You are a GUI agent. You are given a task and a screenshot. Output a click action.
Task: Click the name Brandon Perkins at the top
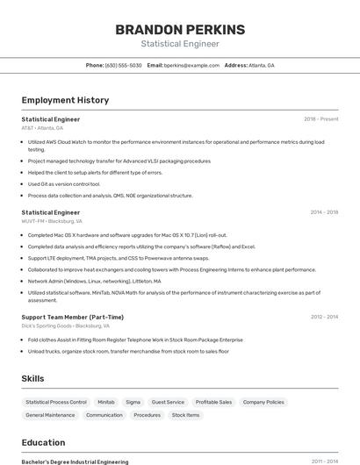pyautogui.click(x=180, y=28)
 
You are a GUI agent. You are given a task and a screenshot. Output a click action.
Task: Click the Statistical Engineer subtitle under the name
pyautogui.click(x=180, y=43)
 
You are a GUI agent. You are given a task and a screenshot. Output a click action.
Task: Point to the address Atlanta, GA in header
pyautogui.click(x=261, y=65)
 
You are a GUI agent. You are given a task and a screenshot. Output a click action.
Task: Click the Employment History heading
pyautogui.click(x=65, y=100)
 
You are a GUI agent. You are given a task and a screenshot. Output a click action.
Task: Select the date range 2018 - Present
pyautogui.click(x=320, y=118)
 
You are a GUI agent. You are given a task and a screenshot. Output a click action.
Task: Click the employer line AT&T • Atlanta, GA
pyautogui.click(x=42, y=128)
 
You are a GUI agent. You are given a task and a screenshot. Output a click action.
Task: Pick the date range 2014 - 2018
pyautogui.click(x=324, y=211)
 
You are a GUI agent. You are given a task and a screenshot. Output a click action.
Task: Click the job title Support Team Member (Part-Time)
pyautogui.click(x=73, y=317)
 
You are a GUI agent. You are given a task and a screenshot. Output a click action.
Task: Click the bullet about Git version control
pyautogui.click(x=64, y=184)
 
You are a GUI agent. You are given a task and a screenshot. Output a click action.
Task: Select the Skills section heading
pyautogui.click(x=33, y=378)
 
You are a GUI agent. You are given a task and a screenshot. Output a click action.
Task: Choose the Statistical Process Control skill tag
pyautogui.click(x=56, y=402)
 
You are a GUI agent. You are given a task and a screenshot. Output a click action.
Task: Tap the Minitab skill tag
pyautogui.click(x=106, y=402)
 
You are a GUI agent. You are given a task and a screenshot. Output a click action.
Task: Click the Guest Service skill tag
pyautogui.click(x=168, y=402)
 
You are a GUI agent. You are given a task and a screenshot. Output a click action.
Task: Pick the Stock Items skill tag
pyautogui.click(x=185, y=415)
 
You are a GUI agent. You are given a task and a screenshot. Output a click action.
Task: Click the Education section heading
pyautogui.click(x=43, y=442)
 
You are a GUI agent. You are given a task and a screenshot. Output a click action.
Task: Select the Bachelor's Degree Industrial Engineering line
pyautogui.click(x=75, y=461)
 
